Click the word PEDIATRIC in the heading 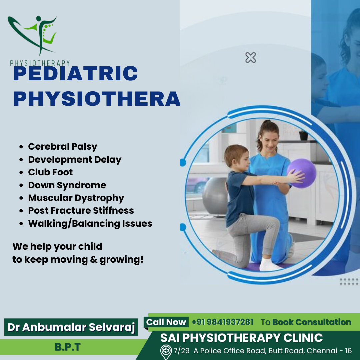point(76,73)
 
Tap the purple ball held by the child point(302,173)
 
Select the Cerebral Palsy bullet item point(62,146)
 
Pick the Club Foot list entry point(50,172)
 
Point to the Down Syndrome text point(67,185)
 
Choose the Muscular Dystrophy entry point(76,198)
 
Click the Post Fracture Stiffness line point(81,211)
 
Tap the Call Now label point(166,322)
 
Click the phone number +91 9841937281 point(222,322)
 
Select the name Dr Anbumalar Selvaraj point(71,327)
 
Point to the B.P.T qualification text point(67,347)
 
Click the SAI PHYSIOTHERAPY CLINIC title point(241,338)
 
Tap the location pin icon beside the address point(166,352)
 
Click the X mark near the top point(250,57)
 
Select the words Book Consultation point(312,322)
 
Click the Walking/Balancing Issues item point(90,223)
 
